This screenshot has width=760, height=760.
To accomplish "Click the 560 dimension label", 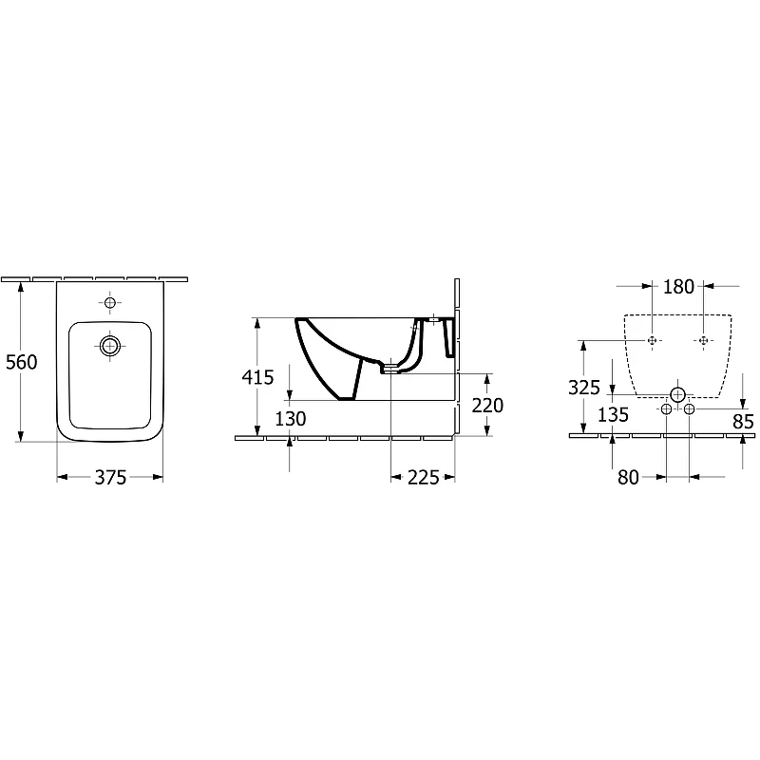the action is tap(21, 362).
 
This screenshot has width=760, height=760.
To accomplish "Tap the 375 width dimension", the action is tap(110, 478).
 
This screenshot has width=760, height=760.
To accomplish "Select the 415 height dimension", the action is tap(257, 377).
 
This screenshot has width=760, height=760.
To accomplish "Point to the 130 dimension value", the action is tap(291, 419).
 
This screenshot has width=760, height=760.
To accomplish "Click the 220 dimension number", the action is tap(487, 406).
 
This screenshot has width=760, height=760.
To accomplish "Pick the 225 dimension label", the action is tap(423, 478).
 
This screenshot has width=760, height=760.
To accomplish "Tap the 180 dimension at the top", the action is tap(678, 287).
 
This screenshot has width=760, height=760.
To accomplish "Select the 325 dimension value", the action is tap(584, 388).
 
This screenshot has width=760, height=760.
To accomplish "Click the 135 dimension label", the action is tap(613, 415).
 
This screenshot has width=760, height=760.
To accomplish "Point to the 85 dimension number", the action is tap(744, 422).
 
